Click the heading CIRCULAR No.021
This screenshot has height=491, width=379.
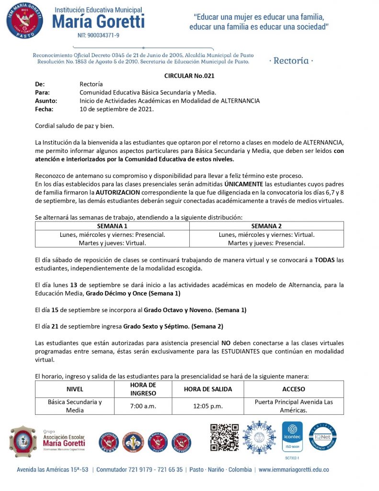coord(189,76)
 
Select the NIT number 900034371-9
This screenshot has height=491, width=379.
coord(98,35)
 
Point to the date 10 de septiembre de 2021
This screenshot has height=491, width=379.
coord(116,109)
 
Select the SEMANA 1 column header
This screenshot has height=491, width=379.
coord(112,226)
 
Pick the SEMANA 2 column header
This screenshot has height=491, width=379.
coord(266,226)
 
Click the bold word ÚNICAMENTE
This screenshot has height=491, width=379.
coord(244,184)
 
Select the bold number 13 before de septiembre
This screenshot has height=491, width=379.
coord(74,285)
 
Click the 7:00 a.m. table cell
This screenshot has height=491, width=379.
coord(143,406)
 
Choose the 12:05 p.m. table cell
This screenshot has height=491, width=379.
coord(208,406)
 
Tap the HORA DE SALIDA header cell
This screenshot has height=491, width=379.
coord(208,389)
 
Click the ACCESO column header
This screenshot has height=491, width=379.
coord(293,389)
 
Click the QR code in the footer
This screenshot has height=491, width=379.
coord(224,437)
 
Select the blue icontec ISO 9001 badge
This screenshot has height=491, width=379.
coord(292,436)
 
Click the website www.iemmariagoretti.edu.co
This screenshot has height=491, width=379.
coord(294,470)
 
